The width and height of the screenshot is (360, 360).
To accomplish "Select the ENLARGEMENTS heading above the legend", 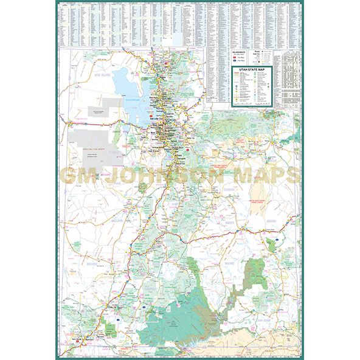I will click(241, 54).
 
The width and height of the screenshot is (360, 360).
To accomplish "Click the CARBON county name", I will click(229, 189).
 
